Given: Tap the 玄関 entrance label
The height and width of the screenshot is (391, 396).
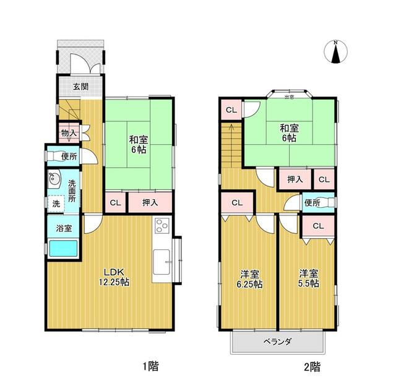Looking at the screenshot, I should (x=80, y=87).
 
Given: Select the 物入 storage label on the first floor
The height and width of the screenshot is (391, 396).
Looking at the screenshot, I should (x=67, y=132).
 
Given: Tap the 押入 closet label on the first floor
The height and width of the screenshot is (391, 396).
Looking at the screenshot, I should (x=150, y=202).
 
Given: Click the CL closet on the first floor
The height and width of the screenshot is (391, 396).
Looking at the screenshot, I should (x=115, y=202).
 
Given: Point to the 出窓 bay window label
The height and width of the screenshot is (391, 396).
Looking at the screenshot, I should (x=289, y=97).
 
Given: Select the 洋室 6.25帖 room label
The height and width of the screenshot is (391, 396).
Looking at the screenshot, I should (x=249, y=278).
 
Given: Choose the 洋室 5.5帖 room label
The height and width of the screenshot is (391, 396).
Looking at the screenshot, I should (x=308, y=278).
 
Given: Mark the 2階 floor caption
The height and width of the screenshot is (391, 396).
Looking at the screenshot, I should (x=312, y=366).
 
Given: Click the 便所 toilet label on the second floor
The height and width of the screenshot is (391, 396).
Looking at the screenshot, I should (x=311, y=202).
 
